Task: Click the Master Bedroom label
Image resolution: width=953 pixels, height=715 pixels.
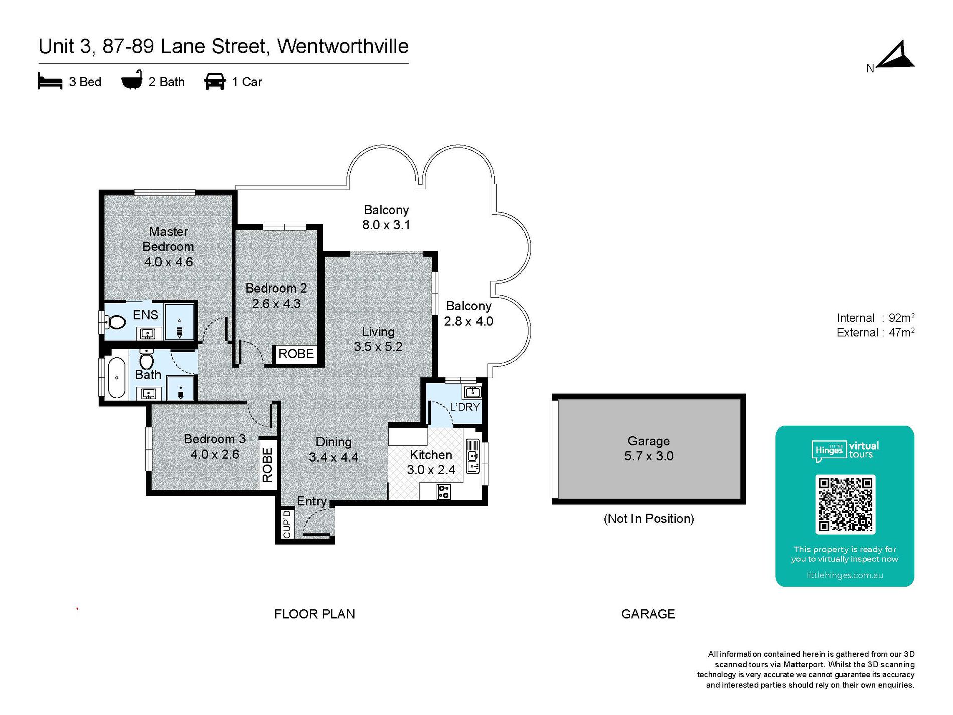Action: [169, 239]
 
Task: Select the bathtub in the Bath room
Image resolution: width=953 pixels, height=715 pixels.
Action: [117, 378]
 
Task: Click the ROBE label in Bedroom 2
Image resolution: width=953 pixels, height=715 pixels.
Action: [296, 354]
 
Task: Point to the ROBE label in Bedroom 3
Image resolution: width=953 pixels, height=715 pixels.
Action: [267, 465]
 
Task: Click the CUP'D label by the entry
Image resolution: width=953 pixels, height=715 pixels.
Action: [287, 524]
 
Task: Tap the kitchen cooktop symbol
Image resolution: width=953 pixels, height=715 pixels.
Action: [444, 492]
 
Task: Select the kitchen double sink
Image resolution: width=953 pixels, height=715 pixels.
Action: [472, 456]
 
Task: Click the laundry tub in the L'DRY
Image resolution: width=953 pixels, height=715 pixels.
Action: [472, 391]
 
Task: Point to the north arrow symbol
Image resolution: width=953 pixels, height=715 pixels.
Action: [897, 55]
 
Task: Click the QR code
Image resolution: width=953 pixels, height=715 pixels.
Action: [845, 504]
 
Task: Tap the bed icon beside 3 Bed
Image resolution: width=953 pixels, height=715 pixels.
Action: [50, 81]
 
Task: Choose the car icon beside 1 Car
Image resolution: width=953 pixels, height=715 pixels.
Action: [215, 81]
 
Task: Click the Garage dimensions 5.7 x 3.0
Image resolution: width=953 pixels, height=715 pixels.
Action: [649, 456]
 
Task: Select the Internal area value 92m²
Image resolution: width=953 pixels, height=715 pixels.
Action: [901, 318]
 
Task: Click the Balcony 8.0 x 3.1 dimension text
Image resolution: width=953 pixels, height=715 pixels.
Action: [386, 225]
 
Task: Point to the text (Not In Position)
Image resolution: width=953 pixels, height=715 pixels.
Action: [649, 519]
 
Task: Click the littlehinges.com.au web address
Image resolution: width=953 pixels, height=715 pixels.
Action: [845, 575]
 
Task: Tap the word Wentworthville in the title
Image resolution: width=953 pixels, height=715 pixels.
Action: [343, 46]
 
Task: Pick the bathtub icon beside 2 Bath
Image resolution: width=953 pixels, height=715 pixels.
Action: [132, 80]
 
